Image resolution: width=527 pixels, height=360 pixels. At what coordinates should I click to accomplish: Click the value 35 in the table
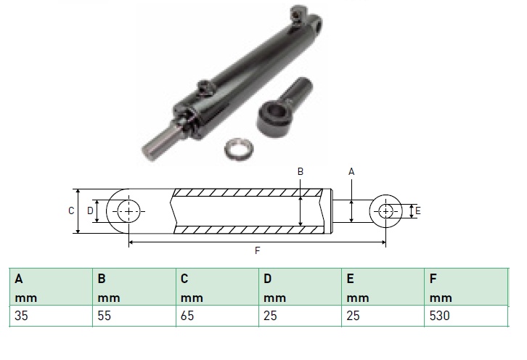point(21,316)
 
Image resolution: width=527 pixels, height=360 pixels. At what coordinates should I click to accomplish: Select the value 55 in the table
point(105,316)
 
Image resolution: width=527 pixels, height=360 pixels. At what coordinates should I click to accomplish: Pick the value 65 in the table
point(187,316)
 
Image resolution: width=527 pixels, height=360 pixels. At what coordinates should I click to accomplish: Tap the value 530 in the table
point(440,316)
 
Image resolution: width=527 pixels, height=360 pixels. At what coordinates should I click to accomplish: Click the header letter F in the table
point(433,279)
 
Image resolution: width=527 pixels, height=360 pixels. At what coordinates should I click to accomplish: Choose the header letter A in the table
point(19,279)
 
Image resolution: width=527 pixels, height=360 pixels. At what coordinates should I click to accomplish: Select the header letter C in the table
point(184,279)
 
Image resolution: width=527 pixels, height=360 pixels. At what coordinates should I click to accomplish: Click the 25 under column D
point(270,316)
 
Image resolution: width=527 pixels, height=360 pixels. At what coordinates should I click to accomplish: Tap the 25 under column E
point(354,316)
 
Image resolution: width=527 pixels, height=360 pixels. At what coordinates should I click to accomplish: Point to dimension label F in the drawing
point(258,250)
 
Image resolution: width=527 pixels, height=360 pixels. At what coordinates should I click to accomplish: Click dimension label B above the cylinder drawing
point(301,172)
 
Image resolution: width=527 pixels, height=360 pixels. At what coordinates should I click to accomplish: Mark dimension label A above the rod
point(351,172)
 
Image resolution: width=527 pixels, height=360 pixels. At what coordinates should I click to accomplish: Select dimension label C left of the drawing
point(71,210)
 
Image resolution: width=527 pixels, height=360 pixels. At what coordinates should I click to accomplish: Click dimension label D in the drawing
point(90,210)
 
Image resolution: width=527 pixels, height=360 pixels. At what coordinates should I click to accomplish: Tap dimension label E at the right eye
point(418,210)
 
